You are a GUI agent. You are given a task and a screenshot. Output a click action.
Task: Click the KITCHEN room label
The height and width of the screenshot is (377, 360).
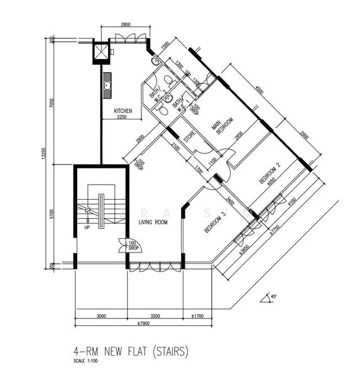point(123,111)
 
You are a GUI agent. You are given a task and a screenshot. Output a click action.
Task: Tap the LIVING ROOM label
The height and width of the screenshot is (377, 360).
point(153,222)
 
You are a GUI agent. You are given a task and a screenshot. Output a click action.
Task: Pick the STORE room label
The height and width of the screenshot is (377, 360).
point(188,136)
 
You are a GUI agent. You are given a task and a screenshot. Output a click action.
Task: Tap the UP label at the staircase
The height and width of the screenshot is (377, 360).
point(87,227)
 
